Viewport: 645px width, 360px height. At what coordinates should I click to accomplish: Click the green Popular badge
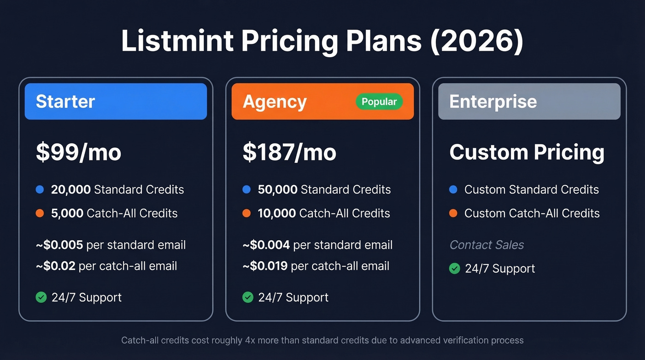[x=379, y=102]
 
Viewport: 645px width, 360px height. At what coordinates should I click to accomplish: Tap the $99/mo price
[x=78, y=153]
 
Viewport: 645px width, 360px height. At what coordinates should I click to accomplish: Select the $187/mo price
[x=289, y=153]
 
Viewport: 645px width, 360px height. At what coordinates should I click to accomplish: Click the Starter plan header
[x=116, y=101]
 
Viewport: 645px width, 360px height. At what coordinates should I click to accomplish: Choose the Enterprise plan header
[x=529, y=101]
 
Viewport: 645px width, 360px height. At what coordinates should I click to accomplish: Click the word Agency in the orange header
[x=275, y=102]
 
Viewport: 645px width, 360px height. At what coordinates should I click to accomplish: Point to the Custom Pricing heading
[x=527, y=153]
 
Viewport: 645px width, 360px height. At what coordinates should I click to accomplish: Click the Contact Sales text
[x=487, y=245]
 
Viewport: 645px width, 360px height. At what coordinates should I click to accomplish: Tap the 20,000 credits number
[x=71, y=189]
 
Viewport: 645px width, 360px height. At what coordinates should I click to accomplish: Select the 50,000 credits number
[x=278, y=189]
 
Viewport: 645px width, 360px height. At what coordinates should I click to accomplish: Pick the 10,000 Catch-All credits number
[x=277, y=213]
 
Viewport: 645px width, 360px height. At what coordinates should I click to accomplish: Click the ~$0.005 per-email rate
[x=59, y=245]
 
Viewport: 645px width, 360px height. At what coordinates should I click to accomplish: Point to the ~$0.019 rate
[x=266, y=266]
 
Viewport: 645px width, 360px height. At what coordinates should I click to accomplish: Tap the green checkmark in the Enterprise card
[x=455, y=268]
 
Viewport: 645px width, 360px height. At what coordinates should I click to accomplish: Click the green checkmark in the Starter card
[x=41, y=297]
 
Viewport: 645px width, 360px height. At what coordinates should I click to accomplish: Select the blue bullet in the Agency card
[x=246, y=189]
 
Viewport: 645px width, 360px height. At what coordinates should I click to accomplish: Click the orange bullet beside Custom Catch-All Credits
[x=453, y=213]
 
